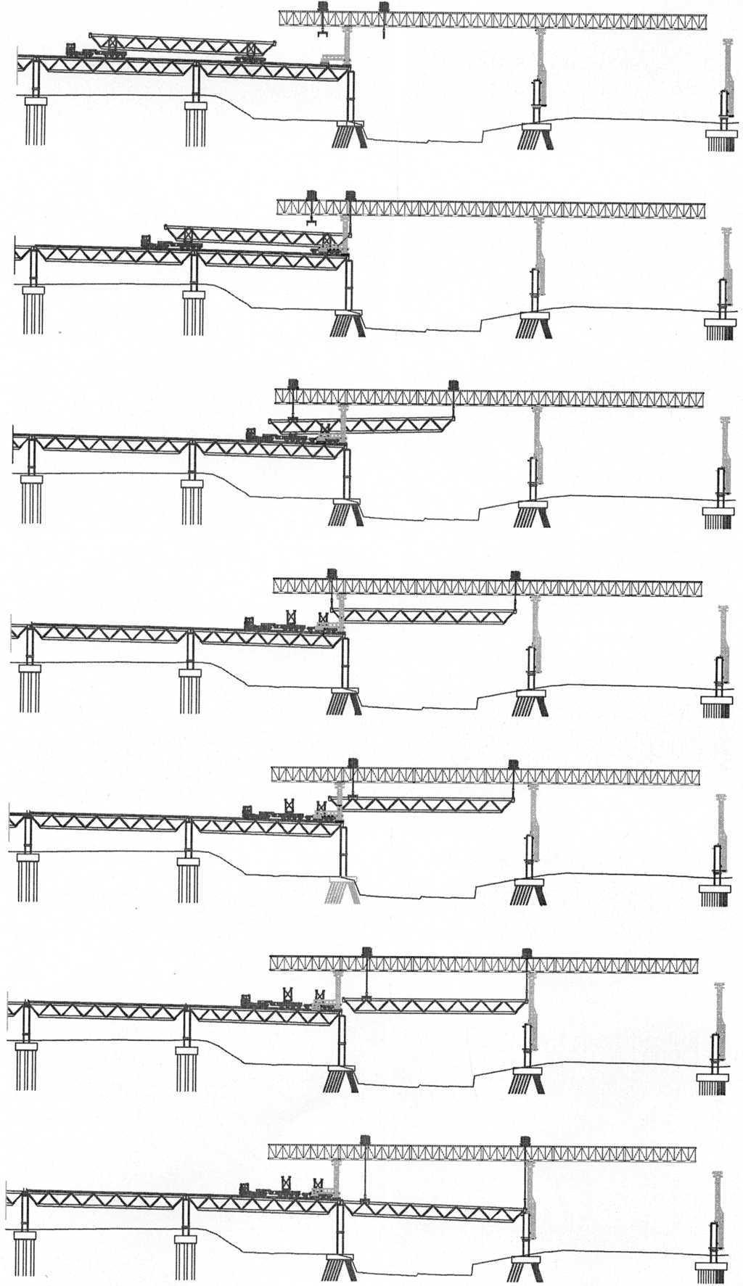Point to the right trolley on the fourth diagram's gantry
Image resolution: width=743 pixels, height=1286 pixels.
[515, 575]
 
